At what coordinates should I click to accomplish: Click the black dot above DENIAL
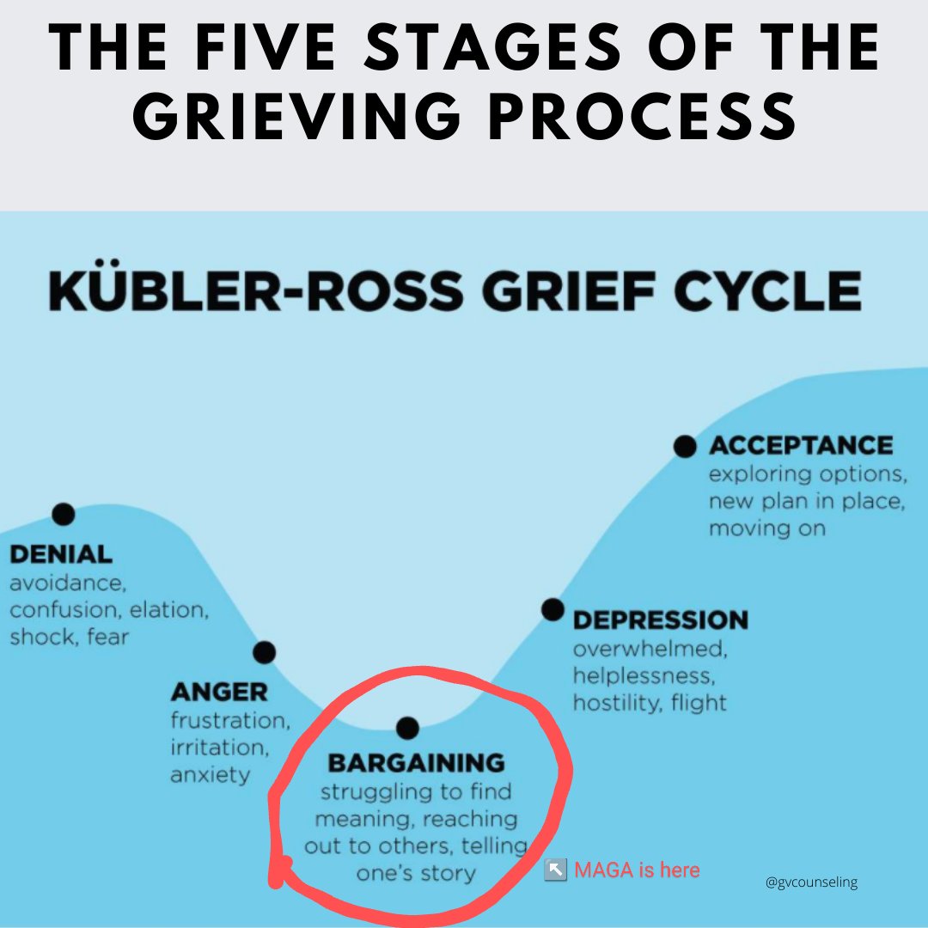point(64,514)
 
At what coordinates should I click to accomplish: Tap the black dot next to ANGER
point(265,652)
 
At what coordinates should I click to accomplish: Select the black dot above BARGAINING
point(408,729)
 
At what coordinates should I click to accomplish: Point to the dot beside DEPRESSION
point(553,609)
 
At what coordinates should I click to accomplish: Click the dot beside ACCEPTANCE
point(685,446)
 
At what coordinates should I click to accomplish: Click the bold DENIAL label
point(61,554)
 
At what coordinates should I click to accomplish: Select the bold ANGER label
point(219,692)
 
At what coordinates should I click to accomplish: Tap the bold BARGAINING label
point(417,762)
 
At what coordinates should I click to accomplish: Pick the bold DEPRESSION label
point(661,620)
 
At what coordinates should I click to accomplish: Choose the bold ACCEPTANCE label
point(801,445)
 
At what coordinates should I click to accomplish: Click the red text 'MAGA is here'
point(637,870)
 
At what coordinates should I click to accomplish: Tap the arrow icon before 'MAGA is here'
point(555,870)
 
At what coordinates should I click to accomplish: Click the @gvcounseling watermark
point(811,882)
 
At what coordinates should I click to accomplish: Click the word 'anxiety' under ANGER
point(211,774)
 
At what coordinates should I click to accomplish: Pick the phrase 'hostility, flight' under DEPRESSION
point(650,702)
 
